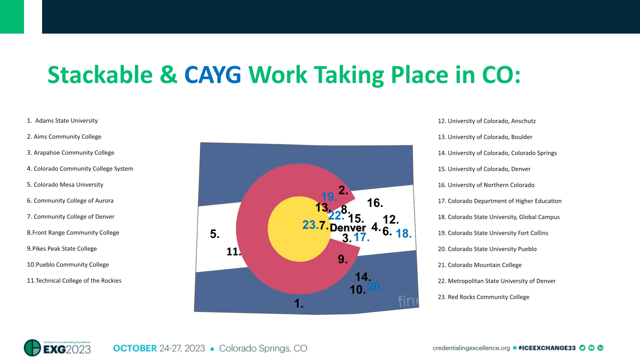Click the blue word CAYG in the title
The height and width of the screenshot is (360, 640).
[212, 75]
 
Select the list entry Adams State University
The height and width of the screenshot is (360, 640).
[63, 121]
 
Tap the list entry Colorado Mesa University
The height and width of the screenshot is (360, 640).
[65, 185]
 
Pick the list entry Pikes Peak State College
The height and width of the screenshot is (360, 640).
[62, 249]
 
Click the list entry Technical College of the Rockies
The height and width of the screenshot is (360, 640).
[74, 281]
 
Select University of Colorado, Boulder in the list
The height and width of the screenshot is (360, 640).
[485, 137]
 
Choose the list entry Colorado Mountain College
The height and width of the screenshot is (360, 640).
[480, 265]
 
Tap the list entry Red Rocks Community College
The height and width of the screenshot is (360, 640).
[484, 297]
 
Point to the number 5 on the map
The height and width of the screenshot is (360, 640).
[214, 234]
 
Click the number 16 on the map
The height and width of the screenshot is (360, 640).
[375, 203]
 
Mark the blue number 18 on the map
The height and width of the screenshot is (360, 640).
[403, 234]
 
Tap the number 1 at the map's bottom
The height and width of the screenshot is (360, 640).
[299, 304]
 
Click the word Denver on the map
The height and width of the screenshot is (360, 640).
[348, 228]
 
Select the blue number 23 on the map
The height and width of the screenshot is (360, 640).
[310, 225]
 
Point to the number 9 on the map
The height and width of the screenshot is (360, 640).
[342, 260]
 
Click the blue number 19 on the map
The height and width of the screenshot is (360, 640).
[329, 197]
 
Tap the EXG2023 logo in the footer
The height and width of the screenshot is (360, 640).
[58, 348]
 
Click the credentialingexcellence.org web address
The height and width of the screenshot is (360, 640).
[471, 348]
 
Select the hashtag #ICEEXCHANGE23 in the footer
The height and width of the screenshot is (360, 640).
[546, 348]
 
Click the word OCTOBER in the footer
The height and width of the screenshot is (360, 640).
[135, 348]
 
